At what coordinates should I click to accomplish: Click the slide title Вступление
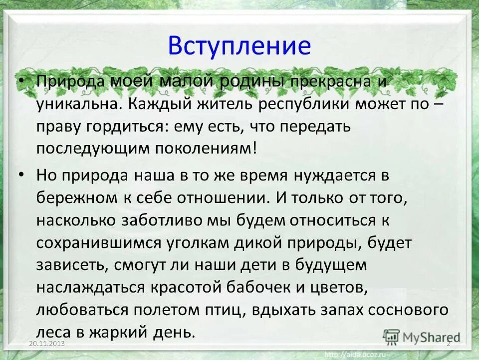pos(239,45)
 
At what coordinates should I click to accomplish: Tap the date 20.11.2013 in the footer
pos(47,344)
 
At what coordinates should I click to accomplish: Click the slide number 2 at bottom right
pos(449,344)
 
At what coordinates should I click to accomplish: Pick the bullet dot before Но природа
pos(20,175)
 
